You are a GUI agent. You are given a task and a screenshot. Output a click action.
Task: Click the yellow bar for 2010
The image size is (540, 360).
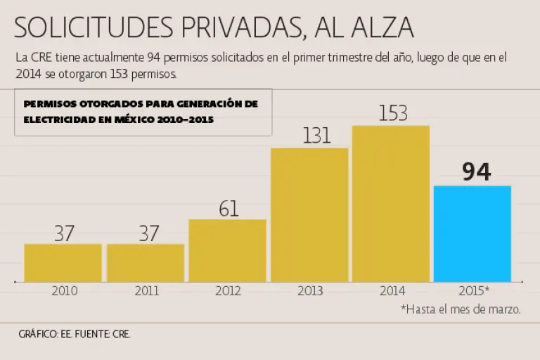point(63,263)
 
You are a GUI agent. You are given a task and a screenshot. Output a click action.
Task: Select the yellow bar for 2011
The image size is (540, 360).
point(146,263)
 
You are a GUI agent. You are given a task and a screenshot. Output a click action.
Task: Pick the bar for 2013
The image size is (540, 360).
point(309,215)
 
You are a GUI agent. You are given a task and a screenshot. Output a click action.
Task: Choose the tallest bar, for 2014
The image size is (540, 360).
point(391,204)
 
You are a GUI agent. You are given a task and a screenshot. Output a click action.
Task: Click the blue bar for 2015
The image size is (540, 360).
point(472,234)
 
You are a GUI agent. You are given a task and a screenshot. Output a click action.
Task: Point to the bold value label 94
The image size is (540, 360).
point(476,172)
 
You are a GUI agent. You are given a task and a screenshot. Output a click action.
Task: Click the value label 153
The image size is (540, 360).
point(392,113)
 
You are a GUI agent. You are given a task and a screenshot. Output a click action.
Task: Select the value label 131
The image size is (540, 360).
point(316,136)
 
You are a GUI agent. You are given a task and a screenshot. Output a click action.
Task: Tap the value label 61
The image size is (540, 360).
point(229,208)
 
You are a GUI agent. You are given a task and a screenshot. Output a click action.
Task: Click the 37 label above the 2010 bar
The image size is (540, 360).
point(64,233)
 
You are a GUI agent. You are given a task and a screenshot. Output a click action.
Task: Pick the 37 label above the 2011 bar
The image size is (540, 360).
point(148,233)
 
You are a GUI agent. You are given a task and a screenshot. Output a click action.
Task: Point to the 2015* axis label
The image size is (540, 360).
point(472,290)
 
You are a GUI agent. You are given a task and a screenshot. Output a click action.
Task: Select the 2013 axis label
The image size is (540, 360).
point(309,290)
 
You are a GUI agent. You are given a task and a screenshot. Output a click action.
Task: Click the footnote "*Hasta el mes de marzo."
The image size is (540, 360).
point(461,309)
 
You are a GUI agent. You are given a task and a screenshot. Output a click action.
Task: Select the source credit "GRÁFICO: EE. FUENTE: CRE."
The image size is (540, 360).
point(75,335)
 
